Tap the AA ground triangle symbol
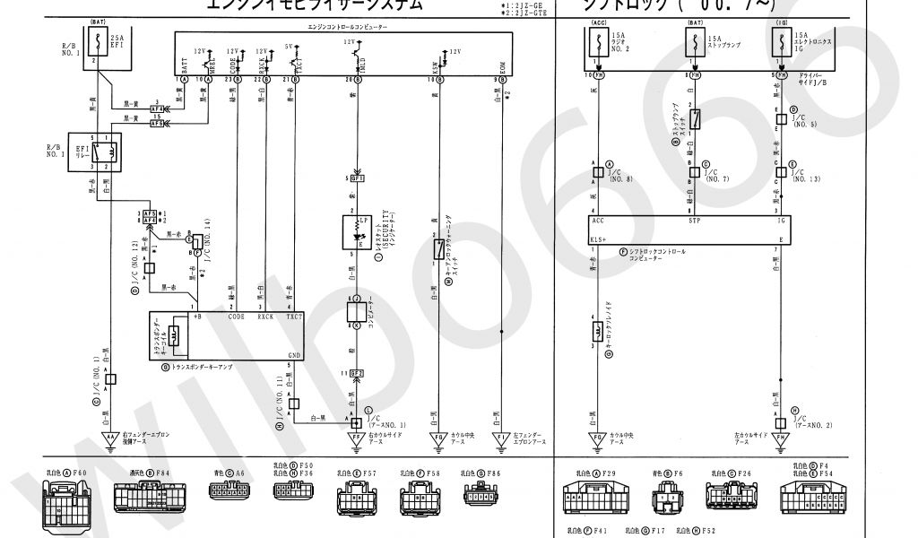(110, 438)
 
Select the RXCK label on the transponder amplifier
(265, 317)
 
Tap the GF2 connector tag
(357, 372)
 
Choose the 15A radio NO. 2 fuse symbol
(594, 41)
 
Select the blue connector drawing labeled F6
(665, 496)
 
